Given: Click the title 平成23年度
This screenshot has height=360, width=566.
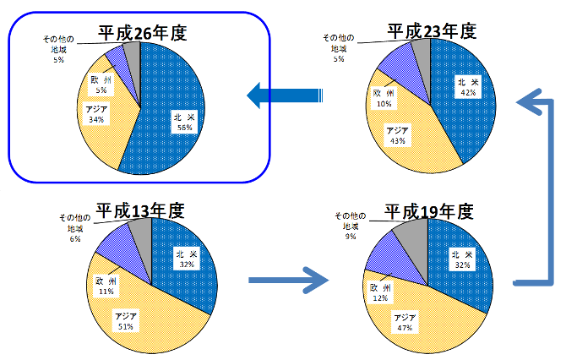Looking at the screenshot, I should tap(432, 31).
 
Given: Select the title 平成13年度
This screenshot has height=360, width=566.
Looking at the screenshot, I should tap(139, 210).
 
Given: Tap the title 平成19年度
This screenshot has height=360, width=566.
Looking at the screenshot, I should tap(427, 210).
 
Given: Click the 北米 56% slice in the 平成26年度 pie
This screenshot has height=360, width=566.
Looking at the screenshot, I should tap(178, 118).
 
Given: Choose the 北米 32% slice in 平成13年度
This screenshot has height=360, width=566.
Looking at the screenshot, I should tap(185, 258).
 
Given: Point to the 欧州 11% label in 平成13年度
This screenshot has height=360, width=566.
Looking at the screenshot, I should tap(106, 285).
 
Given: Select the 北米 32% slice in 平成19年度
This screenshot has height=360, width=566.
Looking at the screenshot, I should tap(461, 259).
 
